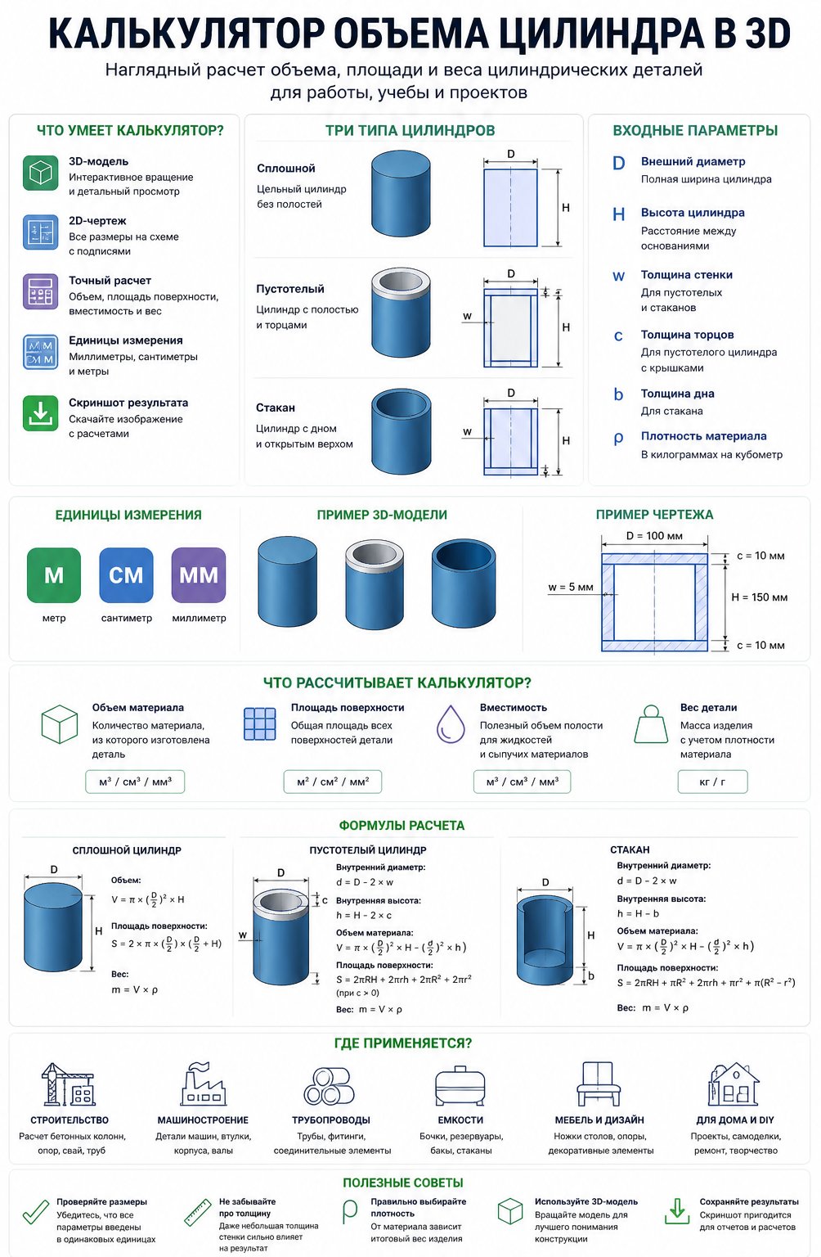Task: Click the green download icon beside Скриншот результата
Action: tap(40, 413)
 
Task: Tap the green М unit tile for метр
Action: tap(54, 575)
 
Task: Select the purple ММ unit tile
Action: tap(199, 575)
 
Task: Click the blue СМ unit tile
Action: tap(126, 575)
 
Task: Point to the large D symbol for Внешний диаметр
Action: tap(618, 164)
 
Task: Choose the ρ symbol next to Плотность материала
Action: tap(618, 439)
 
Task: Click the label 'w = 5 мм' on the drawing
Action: tap(571, 587)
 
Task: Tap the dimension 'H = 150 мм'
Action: tap(760, 597)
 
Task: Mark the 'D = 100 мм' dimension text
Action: tap(654, 536)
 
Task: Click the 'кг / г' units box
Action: tap(712, 782)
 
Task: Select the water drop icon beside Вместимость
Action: tap(451, 724)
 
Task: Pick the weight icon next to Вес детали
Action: tap(651, 724)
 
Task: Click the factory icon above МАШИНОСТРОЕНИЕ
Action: tap(203, 1084)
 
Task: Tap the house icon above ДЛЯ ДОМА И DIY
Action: tap(734, 1084)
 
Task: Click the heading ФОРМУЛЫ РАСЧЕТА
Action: tap(402, 826)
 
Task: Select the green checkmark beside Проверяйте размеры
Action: tap(36, 1212)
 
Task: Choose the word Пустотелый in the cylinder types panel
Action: tap(290, 289)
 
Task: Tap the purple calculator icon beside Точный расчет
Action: tap(40, 291)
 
